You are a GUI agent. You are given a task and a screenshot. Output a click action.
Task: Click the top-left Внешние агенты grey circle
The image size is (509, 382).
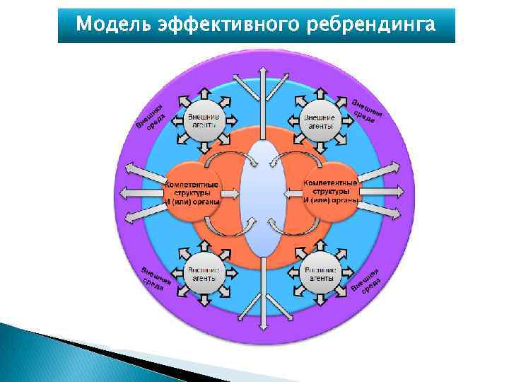tap(203, 120)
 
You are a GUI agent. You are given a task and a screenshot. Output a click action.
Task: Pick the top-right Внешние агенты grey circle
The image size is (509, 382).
tap(319, 120)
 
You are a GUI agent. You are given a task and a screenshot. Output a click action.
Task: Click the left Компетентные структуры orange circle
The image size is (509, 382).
tap(192, 192)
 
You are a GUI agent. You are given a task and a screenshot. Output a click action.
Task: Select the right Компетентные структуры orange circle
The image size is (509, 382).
tap(330, 192)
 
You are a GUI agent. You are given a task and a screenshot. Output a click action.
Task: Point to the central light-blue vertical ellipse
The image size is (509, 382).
tap(261, 198)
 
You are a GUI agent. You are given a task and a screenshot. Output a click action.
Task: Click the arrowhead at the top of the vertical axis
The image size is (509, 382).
tap(262, 72)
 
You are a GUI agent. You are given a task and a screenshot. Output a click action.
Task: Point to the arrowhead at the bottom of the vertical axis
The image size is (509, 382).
tap(262, 324)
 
